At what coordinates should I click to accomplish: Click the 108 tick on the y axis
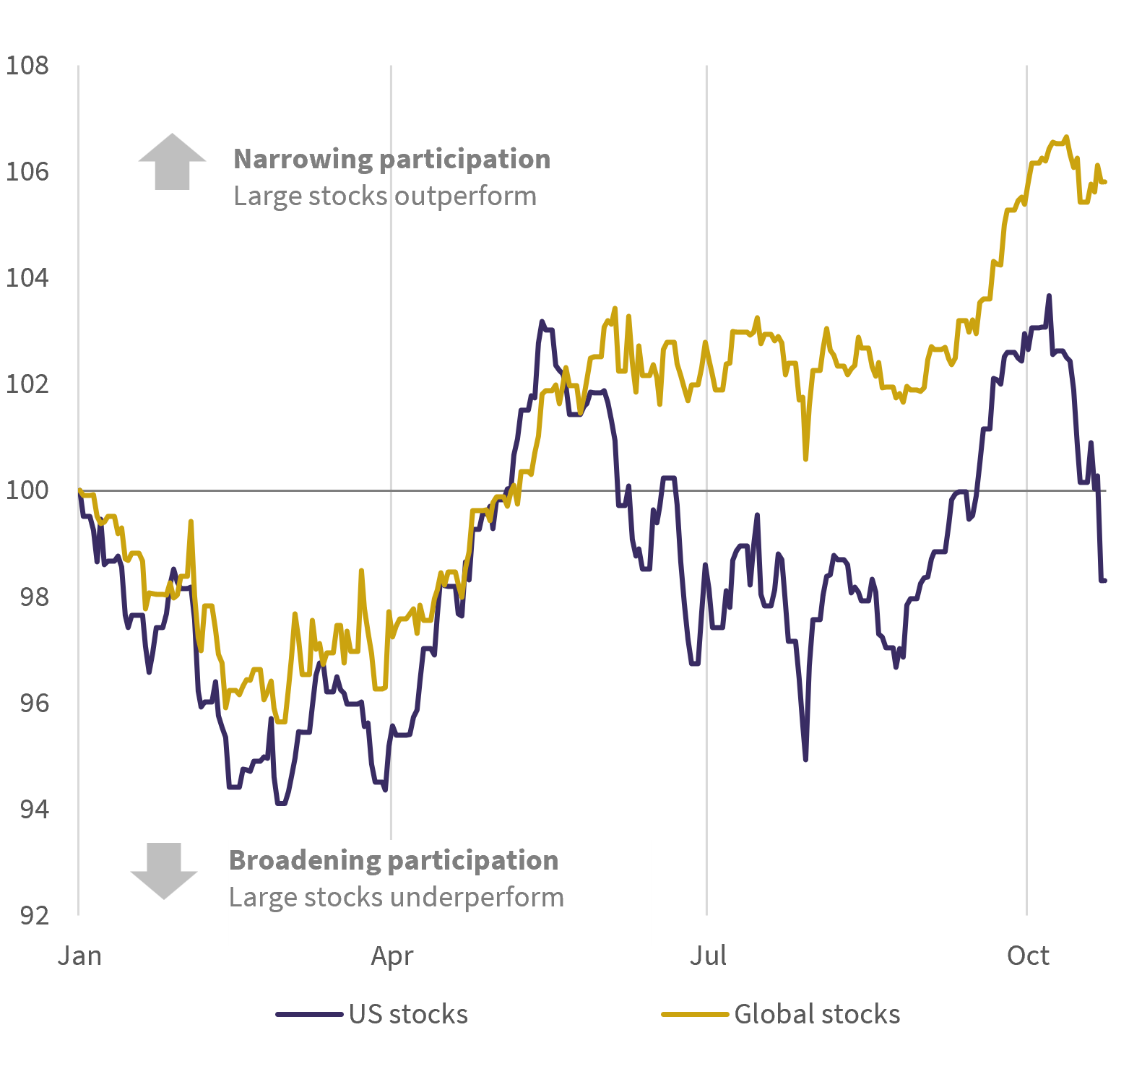coord(27,66)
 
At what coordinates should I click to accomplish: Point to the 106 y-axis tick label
coord(27,172)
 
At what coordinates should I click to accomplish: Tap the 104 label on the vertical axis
coord(27,278)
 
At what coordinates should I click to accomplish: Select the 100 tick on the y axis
coord(27,490)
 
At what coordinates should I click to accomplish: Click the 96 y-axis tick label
coord(34,703)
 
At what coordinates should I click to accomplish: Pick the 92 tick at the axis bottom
coord(34,915)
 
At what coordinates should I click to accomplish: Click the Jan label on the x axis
coord(79,956)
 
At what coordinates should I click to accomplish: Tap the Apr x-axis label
coord(392,956)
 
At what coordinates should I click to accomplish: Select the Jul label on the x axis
coord(708,956)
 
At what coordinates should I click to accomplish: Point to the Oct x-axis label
coord(1028,956)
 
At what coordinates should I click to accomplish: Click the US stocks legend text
coord(408,1014)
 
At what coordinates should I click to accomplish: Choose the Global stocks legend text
coord(817,1014)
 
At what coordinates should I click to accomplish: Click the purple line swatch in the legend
coord(309,1015)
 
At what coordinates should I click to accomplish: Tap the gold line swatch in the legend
coord(695,1015)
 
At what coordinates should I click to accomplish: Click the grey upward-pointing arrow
coord(172,162)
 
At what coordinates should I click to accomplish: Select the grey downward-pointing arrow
coord(164,871)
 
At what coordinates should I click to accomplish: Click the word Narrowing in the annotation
coord(302,160)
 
